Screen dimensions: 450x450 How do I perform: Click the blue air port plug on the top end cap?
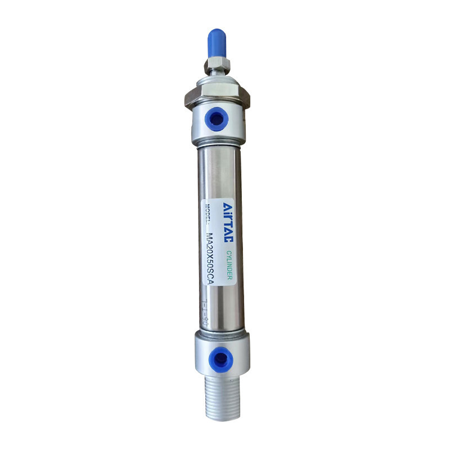tap(218, 119)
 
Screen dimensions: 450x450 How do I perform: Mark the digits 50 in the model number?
tap(211, 264)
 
